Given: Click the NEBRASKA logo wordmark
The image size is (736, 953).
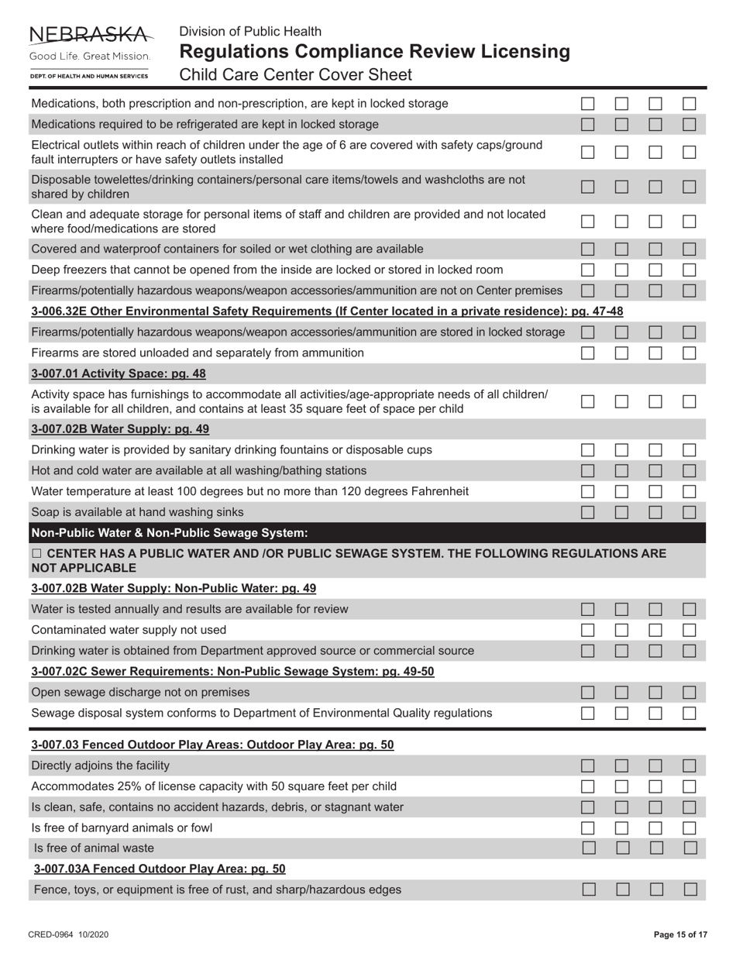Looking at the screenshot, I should [90, 34].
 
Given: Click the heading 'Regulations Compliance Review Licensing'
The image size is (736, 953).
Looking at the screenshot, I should [374, 52].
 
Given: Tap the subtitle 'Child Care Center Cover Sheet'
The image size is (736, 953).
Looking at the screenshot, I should [295, 75].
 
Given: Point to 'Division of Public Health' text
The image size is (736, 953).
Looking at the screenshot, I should [250, 31].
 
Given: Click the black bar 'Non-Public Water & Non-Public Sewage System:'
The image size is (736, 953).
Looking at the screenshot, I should [169, 533].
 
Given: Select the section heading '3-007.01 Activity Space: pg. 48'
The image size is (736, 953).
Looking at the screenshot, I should [118, 373].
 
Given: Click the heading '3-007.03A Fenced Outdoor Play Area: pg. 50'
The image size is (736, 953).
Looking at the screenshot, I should [160, 869].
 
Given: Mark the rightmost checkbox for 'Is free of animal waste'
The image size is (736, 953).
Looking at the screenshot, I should [690, 848].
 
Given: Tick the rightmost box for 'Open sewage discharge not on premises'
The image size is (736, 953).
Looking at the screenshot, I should [690, 692].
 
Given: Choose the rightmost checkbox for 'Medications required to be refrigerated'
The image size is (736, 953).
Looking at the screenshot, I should [690, 124].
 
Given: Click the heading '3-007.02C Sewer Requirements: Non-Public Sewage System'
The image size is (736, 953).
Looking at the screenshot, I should [232, 671].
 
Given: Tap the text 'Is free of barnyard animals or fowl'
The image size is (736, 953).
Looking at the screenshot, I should [122, 827].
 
